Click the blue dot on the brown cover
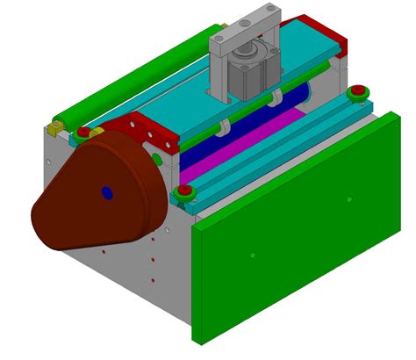tap(107, 191)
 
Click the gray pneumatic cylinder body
tap(249, 74)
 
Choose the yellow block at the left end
tap(54, 129)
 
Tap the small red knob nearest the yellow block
tap(82, 133)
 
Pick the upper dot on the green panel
tap(349, 199)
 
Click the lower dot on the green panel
tap(252, 256)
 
